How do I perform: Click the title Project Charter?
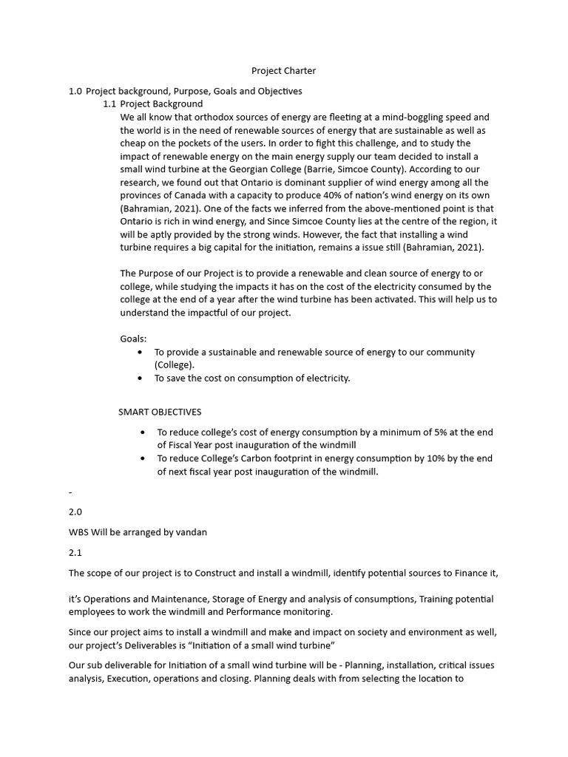pos(283,71)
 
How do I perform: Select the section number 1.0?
pos(75,91)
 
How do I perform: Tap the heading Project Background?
pos(161,104)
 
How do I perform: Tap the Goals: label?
pos(133,339)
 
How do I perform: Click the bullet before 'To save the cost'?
pos(141,378)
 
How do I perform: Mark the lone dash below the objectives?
pos(70,491)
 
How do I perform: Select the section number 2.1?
pos(75,552)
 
